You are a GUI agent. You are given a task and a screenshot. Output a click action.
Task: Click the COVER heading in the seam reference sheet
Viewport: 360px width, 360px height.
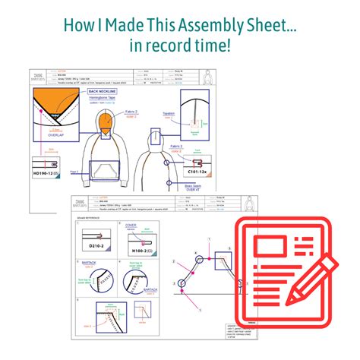[131, 226]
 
